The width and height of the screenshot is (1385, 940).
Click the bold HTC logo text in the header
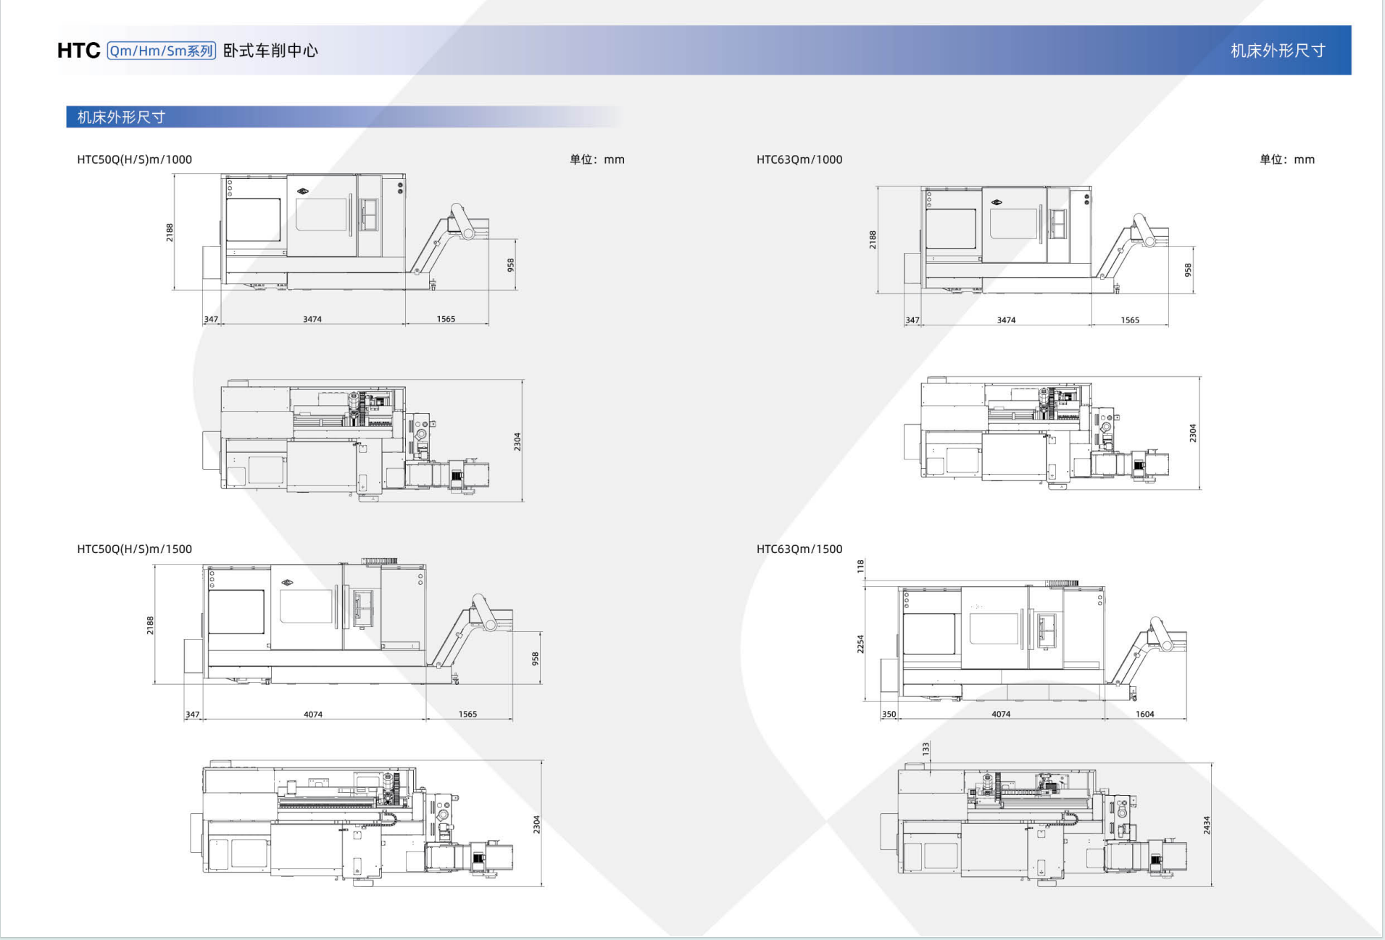[78, 51]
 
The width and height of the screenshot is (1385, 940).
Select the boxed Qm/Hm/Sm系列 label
[161, 51]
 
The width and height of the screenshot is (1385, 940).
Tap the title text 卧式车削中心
[270, 51]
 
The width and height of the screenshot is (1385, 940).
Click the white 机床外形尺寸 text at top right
[1278, 51]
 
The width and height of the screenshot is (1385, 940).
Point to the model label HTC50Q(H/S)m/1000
[134, 159]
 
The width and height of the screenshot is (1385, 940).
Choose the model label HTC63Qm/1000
[799, 159]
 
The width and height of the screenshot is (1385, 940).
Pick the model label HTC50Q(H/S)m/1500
[134, 549]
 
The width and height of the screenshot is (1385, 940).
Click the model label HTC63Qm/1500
[799, 549]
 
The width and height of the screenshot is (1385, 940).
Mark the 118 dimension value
[861, 567]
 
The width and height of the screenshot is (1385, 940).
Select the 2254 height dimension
[861, 644]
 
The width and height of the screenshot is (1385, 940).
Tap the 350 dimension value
[889, 714]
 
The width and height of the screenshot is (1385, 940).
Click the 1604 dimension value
[1144, 714]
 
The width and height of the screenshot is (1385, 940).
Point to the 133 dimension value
[926, 748]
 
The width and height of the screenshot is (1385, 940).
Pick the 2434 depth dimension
[1207, 825]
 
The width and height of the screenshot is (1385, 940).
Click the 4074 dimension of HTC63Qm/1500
[1001, 714]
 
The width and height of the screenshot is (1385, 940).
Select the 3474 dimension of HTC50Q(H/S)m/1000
[312, 319]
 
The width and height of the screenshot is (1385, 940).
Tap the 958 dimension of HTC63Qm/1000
[1188, 270]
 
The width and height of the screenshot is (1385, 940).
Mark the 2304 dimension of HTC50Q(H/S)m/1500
[537, 824]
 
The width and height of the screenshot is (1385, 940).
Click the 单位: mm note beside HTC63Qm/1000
[1286, 159]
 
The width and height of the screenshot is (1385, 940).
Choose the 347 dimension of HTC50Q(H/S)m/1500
[192, 714]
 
